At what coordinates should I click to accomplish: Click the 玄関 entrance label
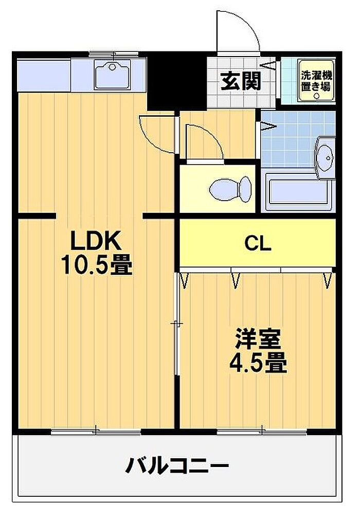pyautogui.click(x=241, y=81)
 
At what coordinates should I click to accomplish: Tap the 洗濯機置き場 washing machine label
pyautogui.click(x=316, y=80)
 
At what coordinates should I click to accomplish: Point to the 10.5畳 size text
pyautogui.click(x=96, y=264)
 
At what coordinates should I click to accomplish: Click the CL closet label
pyautogui.click(x=258, y=244)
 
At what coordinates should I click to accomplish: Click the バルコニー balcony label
pyautogui.click(x=177, y=466)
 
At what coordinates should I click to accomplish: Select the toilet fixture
pyautogui.click(x=231, y=189)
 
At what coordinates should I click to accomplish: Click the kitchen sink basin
pyautogui.click(x=112, y=74)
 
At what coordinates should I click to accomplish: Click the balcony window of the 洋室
pyautogui.click(x=262, y=432)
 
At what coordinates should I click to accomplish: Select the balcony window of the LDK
pyautogui.click(x=96, y=432)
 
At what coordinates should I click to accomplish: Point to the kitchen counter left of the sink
pyautogui.click(x=44, y=76)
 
